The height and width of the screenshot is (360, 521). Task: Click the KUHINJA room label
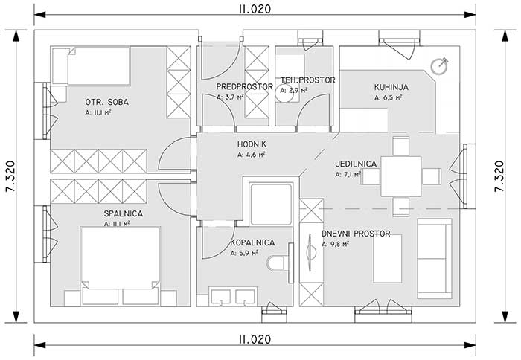pyautogui.click(x=391, y=87)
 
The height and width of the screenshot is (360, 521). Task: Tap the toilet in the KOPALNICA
pyautogui.click(x=276, y=263)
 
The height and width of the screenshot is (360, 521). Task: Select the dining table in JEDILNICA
pyautogui.click(x=401, y=176)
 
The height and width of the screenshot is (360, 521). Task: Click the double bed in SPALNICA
pyautogui.click(x=121, y=266)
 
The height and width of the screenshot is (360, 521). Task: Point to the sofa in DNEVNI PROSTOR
pyautogui.click(x=435, y=258)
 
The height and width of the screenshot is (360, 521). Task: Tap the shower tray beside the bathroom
pyautogui.click(x=271, y=205)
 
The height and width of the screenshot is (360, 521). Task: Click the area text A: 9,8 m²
pyautogui.click(x=335, y=244)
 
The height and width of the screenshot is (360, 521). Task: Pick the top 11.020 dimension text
pyautogui.click(x=255, y=9)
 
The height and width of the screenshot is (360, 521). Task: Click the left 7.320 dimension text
pyautogui.click(x=10, y=176)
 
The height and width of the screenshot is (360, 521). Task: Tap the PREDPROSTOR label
pyautogui.click(x=245, y=87)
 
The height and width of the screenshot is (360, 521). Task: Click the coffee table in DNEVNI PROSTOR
pyautogui.click(x=387, y=258)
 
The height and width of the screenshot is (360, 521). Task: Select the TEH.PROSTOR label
pyautogui.click(x=307, y=80)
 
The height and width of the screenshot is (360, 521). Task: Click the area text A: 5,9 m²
pyautogui.click(x=244, y=253)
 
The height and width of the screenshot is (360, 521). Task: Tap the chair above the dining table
pyautogui.click(x=400, y=146)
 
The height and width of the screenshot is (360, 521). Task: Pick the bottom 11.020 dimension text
pyautogui.click(x=255, y=339)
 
